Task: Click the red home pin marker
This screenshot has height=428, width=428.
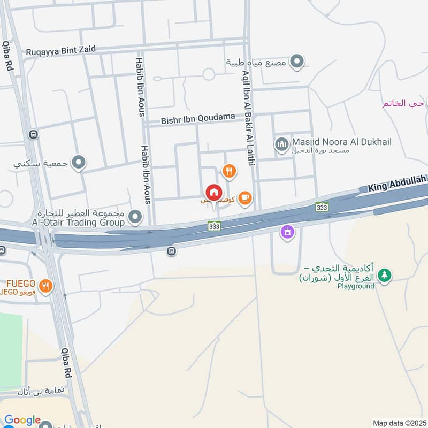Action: [213, 193]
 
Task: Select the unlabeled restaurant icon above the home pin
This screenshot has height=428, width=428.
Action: [230, 171]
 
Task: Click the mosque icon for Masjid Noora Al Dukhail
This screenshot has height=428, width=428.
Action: [281, 143]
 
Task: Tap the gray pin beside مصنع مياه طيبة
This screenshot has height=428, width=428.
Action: [296, 62]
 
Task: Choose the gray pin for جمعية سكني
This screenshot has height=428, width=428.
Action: [79, 162]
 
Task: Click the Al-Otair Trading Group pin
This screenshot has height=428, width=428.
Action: [136, 217]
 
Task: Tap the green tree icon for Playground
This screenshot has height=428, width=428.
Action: [384, 276]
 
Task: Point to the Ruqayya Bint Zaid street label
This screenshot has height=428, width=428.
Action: [60, 50]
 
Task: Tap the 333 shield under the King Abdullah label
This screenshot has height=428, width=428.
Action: [322, 207]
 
